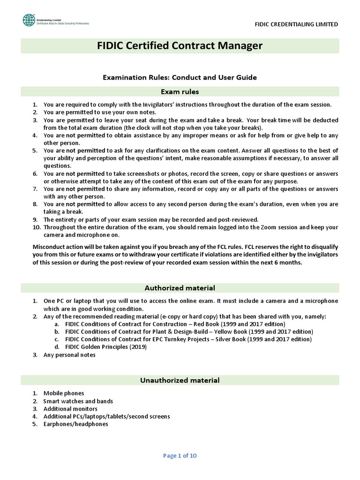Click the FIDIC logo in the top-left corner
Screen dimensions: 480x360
click(29, 20)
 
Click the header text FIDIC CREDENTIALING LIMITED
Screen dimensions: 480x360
click(297, 24)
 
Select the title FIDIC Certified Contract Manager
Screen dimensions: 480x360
click(180, 46)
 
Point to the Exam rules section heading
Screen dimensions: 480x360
click(180, 92)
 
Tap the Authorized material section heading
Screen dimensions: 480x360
click(180, 288)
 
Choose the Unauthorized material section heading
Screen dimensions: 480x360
click(180, 380)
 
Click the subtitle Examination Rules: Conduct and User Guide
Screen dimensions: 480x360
click(180, 77)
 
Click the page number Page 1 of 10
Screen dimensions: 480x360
click(180, 455)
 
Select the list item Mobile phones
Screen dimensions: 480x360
click(64, 393)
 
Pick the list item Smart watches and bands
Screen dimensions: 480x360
click(78, 401)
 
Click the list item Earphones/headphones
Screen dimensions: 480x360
click(75, 424)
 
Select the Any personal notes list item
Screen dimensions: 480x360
click(69, 355)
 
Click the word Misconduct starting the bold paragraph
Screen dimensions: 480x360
click(49, 247)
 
